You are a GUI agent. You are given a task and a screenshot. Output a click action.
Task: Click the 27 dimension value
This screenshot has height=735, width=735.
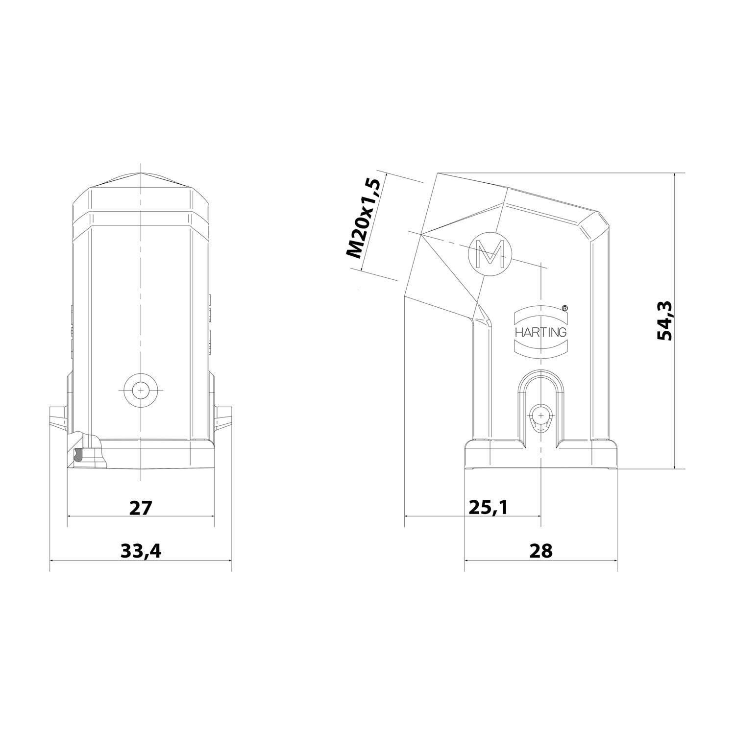pyautogui.click(x=141, y=508)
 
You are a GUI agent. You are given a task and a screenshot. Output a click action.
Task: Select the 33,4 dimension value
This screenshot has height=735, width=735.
pyautogui.click(x=141, y=551)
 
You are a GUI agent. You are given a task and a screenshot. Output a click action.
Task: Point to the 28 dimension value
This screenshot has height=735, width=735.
pyautogui.click(x=540, y=551)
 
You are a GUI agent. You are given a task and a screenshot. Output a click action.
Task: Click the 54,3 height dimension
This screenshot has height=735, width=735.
pyautogui.click(x=666, y=321)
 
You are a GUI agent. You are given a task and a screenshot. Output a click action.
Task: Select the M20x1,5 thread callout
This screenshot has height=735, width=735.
pyautogui.click(x=363, y=219)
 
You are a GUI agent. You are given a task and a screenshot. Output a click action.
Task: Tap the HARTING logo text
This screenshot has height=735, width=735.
pyautogui.click(x=540, y=332)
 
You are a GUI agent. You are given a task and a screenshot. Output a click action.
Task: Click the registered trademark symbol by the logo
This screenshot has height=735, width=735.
pyautogui.click(x=564, y=308)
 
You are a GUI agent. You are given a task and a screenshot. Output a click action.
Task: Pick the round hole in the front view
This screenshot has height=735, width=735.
pyautogui.click(x=141, y=390)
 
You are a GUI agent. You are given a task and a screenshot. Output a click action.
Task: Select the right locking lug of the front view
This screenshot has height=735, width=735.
pyautogui.click(x=223, y=416)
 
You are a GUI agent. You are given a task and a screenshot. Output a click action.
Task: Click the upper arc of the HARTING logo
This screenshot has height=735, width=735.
pyautogui.click(x=540, y=314)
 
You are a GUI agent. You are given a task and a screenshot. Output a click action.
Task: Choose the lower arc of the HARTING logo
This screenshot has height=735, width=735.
pyautogui.click(x=540, y=350)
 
